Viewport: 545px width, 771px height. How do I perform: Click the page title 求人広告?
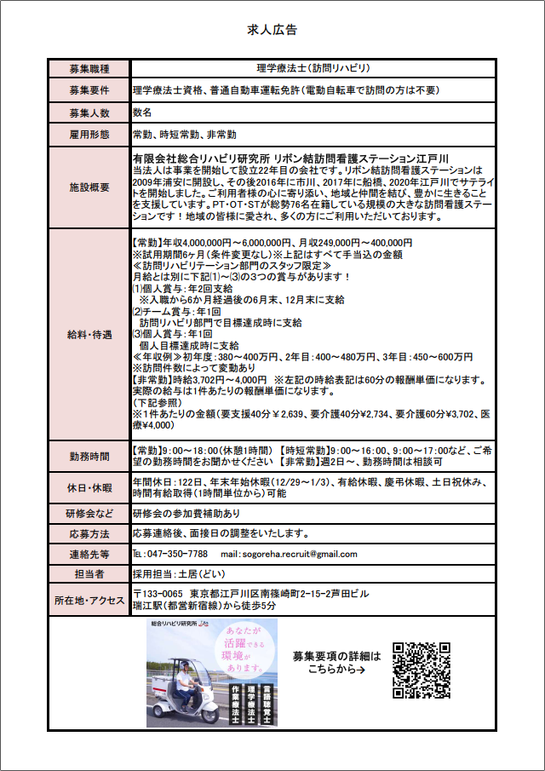tap(272, 30)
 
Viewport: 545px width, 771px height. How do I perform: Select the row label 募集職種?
tap(89, 67)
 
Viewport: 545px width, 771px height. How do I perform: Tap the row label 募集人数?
tap(89, 112)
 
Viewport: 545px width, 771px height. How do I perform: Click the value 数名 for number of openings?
tap(142, 112)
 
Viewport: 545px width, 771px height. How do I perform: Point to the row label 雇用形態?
tap(89, 135)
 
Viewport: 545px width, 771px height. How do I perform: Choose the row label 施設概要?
tap(89, 187)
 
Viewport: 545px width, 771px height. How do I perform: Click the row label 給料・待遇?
tap(89, 335)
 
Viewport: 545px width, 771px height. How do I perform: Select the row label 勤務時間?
tap(89, 456)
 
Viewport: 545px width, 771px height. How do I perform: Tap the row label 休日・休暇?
tap(89, 488)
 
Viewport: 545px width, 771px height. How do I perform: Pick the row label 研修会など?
tap(89, 514)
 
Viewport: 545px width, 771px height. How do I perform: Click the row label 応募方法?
tap(89, 534)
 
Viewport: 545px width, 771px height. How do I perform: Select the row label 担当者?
tap(89, 574)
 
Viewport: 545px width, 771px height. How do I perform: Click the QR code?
tap(422, 670)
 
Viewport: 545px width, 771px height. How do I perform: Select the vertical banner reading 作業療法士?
tap(227, 700)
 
